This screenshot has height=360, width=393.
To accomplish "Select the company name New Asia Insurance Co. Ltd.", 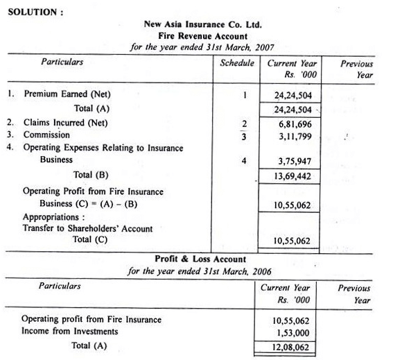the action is point(202,24).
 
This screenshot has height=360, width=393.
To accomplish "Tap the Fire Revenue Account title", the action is point(202,36).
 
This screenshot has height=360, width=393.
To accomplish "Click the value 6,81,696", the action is point(292,123).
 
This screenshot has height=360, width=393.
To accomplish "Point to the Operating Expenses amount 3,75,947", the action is point(292,160).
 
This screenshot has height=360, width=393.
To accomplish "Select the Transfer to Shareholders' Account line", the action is point(87,228).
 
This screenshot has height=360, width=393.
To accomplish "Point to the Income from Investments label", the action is point(69,331).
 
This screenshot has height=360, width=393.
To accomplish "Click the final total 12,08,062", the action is point(292,345).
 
